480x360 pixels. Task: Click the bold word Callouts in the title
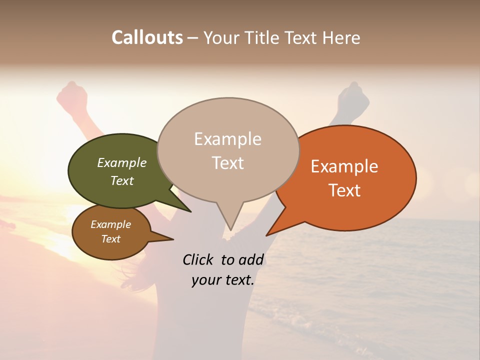[x=147, y=37]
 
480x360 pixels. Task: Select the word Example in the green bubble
[x=121, y=162]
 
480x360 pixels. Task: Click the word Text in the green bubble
[x=121, y=180]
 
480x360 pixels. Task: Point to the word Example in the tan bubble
[x=227, y=139]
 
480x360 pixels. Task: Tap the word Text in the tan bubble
[x=227, y=163]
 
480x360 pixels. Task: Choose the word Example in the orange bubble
[x=344, y=166]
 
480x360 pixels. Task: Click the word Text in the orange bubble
[x=344, y=190]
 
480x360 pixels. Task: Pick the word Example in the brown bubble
[x=110, y=224]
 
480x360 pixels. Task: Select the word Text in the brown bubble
[x=110, y=239]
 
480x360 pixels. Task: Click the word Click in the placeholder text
[x=199, y=259]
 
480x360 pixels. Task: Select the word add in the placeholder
[x=251, y=259]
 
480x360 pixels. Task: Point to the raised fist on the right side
[x=355, y=93]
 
